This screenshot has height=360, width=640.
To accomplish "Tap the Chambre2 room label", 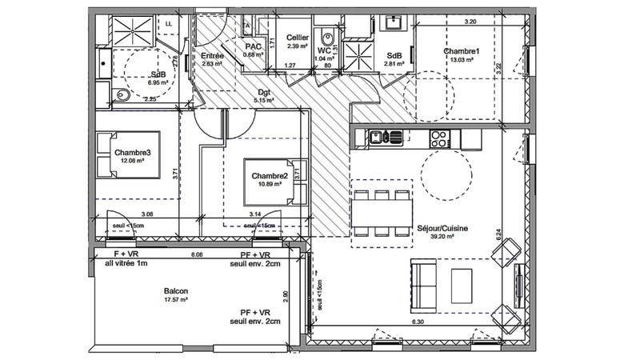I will point(270,177).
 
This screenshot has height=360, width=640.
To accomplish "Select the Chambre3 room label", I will point(132,152).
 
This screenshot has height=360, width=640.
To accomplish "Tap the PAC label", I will point(253,46).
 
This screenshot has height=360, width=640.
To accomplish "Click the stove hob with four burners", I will point(439,137).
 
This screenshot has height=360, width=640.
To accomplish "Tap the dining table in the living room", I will point(382,212).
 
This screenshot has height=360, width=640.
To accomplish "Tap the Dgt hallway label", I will point(263,91).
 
